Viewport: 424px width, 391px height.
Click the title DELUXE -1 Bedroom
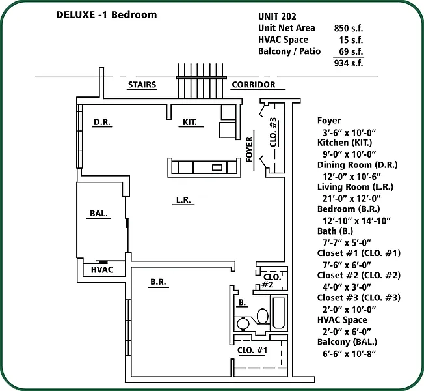(107, 15)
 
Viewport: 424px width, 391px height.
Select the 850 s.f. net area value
(348, 28)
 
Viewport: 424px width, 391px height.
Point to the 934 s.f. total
(348, 63)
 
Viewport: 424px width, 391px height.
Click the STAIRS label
(142, 85)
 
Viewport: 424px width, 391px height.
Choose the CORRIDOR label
(253, 85)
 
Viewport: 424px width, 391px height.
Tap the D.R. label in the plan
(101, 122)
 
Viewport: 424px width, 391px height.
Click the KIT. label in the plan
(189, 122)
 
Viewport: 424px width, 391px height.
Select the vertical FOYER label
(249, 149)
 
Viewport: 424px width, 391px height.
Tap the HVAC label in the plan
(102, 270)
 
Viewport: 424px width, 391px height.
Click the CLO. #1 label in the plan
(252, 351)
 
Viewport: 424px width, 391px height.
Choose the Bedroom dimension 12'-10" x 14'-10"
(356, 220)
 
